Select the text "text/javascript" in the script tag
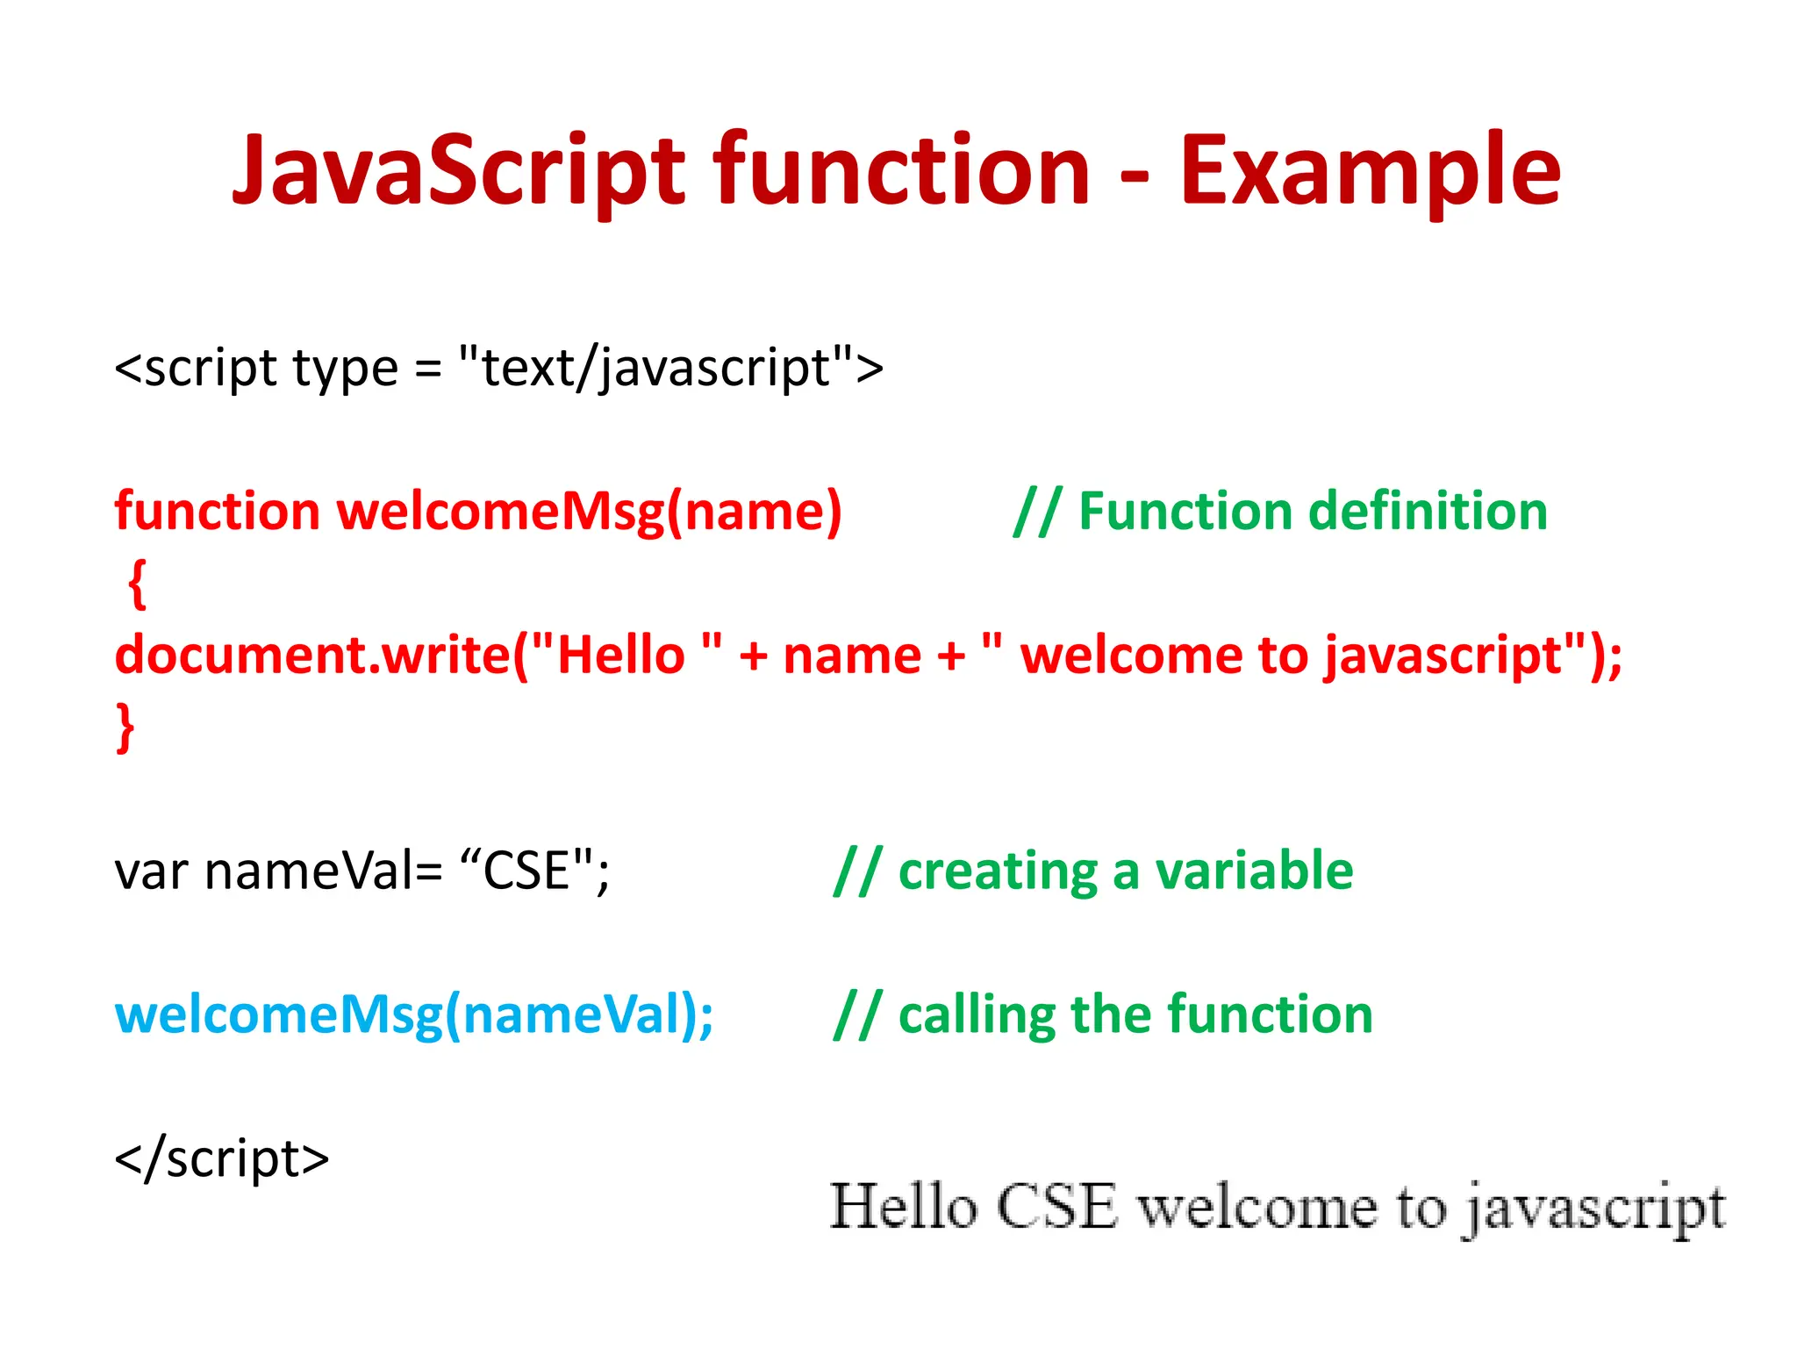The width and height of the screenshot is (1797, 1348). [x=655, y=368]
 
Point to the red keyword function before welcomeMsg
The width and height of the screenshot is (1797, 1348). [x=217, y=511]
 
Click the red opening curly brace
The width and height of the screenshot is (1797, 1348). [x=137, y=583]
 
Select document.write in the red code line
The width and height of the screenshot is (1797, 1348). [x=311, y=656]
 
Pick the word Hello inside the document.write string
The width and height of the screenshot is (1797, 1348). [x=620, y=656]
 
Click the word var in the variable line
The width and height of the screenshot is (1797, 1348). [x=151, y=872]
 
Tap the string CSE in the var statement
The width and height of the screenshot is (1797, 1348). [x=526, y=871]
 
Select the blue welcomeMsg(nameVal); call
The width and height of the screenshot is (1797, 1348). [x=414, y=1015]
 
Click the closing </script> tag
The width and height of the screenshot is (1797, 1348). [x=222, y=1158]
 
